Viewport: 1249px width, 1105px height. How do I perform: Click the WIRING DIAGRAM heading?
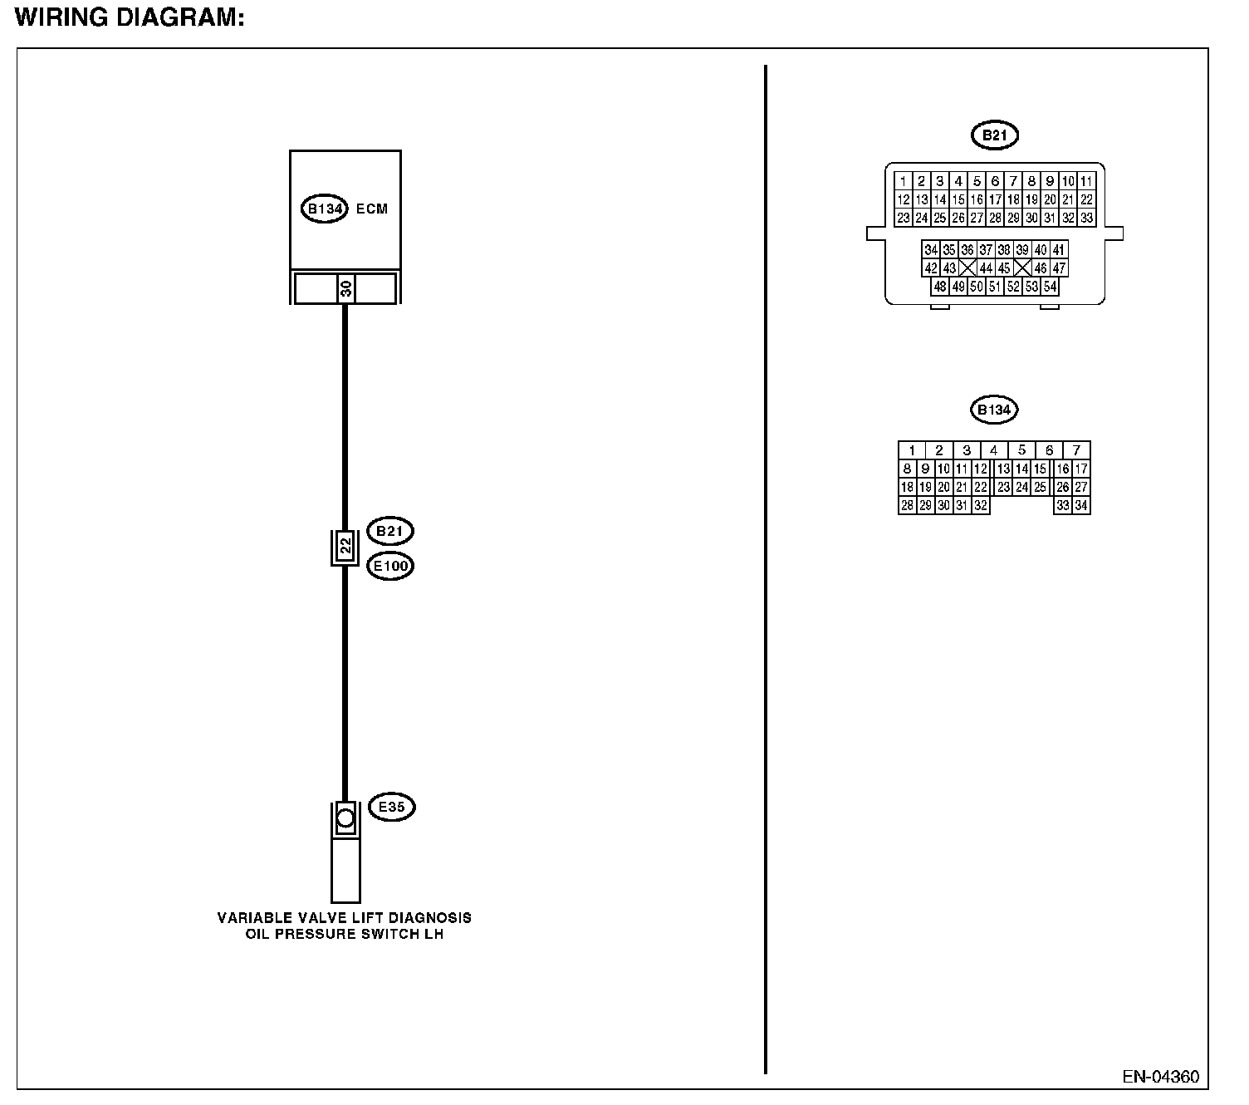(130, 18)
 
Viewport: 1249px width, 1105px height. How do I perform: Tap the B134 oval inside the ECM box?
(324, 209)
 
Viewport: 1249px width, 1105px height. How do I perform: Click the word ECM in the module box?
(372, 209)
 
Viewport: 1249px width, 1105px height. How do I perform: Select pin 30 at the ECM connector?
(345, 288)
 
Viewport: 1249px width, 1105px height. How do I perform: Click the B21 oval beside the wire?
(389, 531)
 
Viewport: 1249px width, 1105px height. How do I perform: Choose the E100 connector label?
(389, 566)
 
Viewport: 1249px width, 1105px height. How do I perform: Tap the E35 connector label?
(391, 806)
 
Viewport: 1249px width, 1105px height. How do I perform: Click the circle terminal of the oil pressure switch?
(345, 818)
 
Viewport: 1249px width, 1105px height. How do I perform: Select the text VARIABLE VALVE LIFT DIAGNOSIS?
(345, 917)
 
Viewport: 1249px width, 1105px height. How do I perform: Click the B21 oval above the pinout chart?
(994, 135)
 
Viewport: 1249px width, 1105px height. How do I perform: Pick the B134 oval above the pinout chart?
(994, 410)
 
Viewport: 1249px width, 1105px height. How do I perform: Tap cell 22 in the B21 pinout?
(1086, 199)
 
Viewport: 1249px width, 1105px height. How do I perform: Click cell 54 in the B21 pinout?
(1050, 287)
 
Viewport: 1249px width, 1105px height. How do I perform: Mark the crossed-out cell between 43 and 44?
(967, 268)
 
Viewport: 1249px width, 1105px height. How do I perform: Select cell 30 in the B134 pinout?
(943, 505)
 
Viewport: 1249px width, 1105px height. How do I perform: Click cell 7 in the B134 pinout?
(1076, 450)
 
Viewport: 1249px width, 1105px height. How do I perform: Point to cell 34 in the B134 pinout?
(1080, 505)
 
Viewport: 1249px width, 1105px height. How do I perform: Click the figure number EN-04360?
(1160, 1077)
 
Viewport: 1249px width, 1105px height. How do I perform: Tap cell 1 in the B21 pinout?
(903, 181)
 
